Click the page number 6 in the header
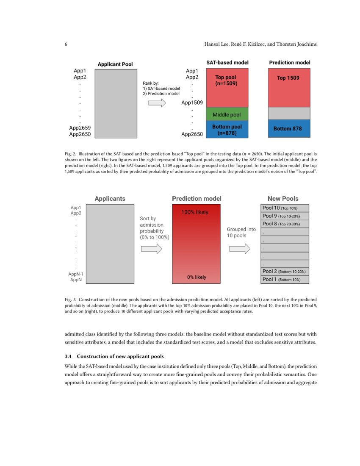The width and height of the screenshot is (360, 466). click(66, 44)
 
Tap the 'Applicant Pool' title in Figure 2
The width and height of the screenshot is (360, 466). click(115, 64)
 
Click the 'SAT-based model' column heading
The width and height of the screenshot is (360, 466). click(227, 63)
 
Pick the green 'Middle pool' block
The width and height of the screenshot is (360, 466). click(227, 115)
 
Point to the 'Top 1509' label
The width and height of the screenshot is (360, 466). click(288, 78)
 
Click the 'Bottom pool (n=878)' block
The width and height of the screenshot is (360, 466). click(227, 129)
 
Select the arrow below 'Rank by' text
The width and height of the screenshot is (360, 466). click(157, 103)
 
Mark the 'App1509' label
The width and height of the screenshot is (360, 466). click(192, 103)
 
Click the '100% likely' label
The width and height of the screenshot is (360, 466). click(195, 212)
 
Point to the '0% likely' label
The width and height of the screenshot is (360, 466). click(197, 277)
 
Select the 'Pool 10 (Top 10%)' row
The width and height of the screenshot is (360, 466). click(285, 208)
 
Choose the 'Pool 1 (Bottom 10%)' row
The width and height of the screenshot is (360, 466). click(285, 280)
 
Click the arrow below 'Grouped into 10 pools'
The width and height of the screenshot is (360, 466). click(240, 249)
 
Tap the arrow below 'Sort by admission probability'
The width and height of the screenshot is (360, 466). click(151, 249)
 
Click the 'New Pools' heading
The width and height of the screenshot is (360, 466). click(283, 199)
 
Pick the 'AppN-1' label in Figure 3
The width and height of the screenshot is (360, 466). click(77, 274)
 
